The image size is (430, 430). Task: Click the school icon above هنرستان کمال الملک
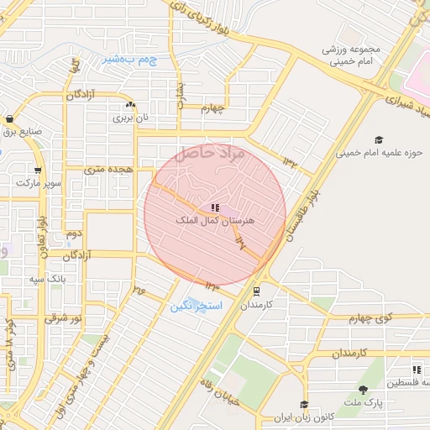[x=216, y=207]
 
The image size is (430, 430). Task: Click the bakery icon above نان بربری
[x=130, y=105]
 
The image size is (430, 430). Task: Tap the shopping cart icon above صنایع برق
[x=9, y=119]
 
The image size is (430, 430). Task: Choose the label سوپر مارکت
[x=43, y=182]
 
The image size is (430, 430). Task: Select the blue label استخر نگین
[x=196, y=307]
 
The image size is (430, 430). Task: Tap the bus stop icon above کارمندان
[x=255, y=291]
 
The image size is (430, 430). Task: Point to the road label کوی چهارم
[x=372, y=317]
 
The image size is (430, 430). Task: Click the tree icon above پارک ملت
[x=363, y=389]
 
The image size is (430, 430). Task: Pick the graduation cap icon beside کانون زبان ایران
[x=303, y=405]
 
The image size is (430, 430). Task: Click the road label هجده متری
[x=109, y=169]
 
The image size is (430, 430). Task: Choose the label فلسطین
[x=406, y=383]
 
